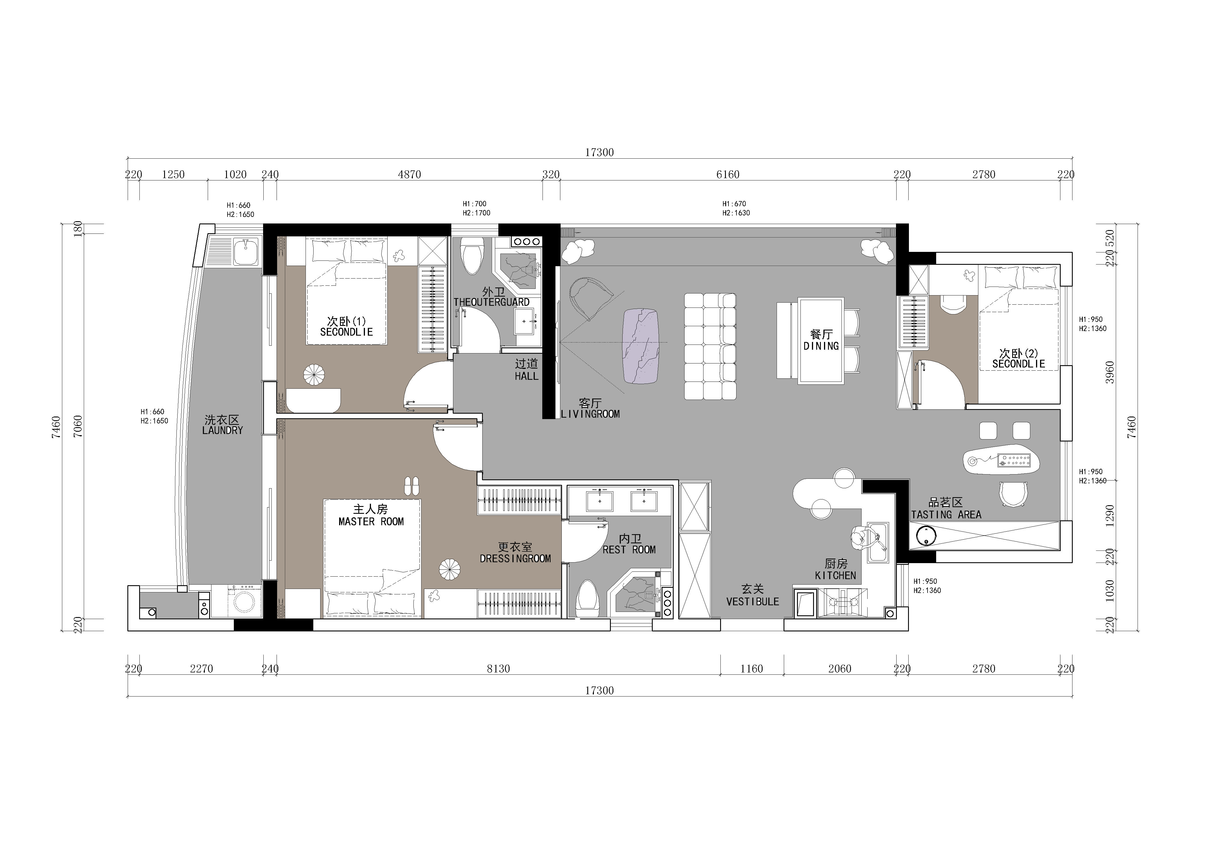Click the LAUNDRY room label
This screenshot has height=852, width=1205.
223,430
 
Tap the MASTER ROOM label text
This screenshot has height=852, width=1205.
371,522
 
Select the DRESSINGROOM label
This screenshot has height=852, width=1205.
515,559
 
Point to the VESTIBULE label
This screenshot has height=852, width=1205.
753,602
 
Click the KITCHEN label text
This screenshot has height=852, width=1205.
835,575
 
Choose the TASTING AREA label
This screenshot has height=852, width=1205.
946,515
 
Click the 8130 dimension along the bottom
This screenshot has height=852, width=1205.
498,668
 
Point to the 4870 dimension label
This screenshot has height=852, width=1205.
409,174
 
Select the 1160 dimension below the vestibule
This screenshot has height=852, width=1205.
752,668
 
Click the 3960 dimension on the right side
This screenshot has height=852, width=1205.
1109,372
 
